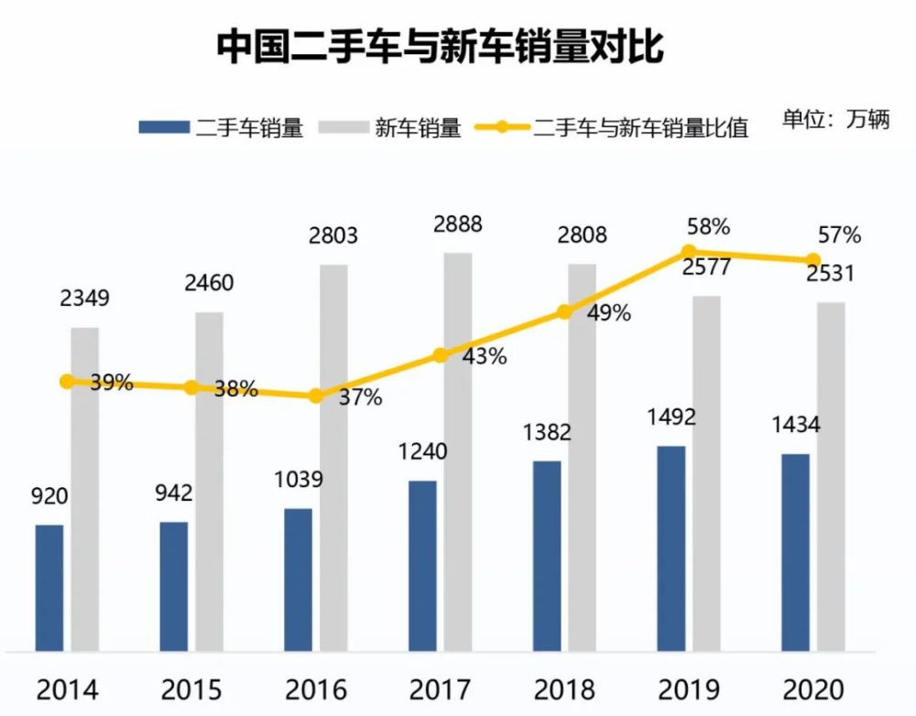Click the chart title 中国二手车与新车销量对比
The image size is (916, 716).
[x=440, y=47]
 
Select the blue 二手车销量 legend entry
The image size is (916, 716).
[x=221, y=126]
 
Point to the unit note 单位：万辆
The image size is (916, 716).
[x=835, y=119]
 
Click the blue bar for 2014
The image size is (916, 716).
[x=49, y=588]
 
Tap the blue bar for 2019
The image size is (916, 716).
[x=671, y=548]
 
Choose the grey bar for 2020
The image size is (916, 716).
[x=830, y=476]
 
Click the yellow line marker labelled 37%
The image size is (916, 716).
[x=316, y=396]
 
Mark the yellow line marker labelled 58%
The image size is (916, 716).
[x=689, y=252]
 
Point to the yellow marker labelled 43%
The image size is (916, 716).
[x=441, y=355]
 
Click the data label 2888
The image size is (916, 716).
[x=458, y=224]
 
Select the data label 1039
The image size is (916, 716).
[x=298, y=479]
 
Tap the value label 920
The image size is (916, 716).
[x=50, y=496]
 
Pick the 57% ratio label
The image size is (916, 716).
[x=839, y=235]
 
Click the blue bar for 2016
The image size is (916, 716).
[x=298, y=580]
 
